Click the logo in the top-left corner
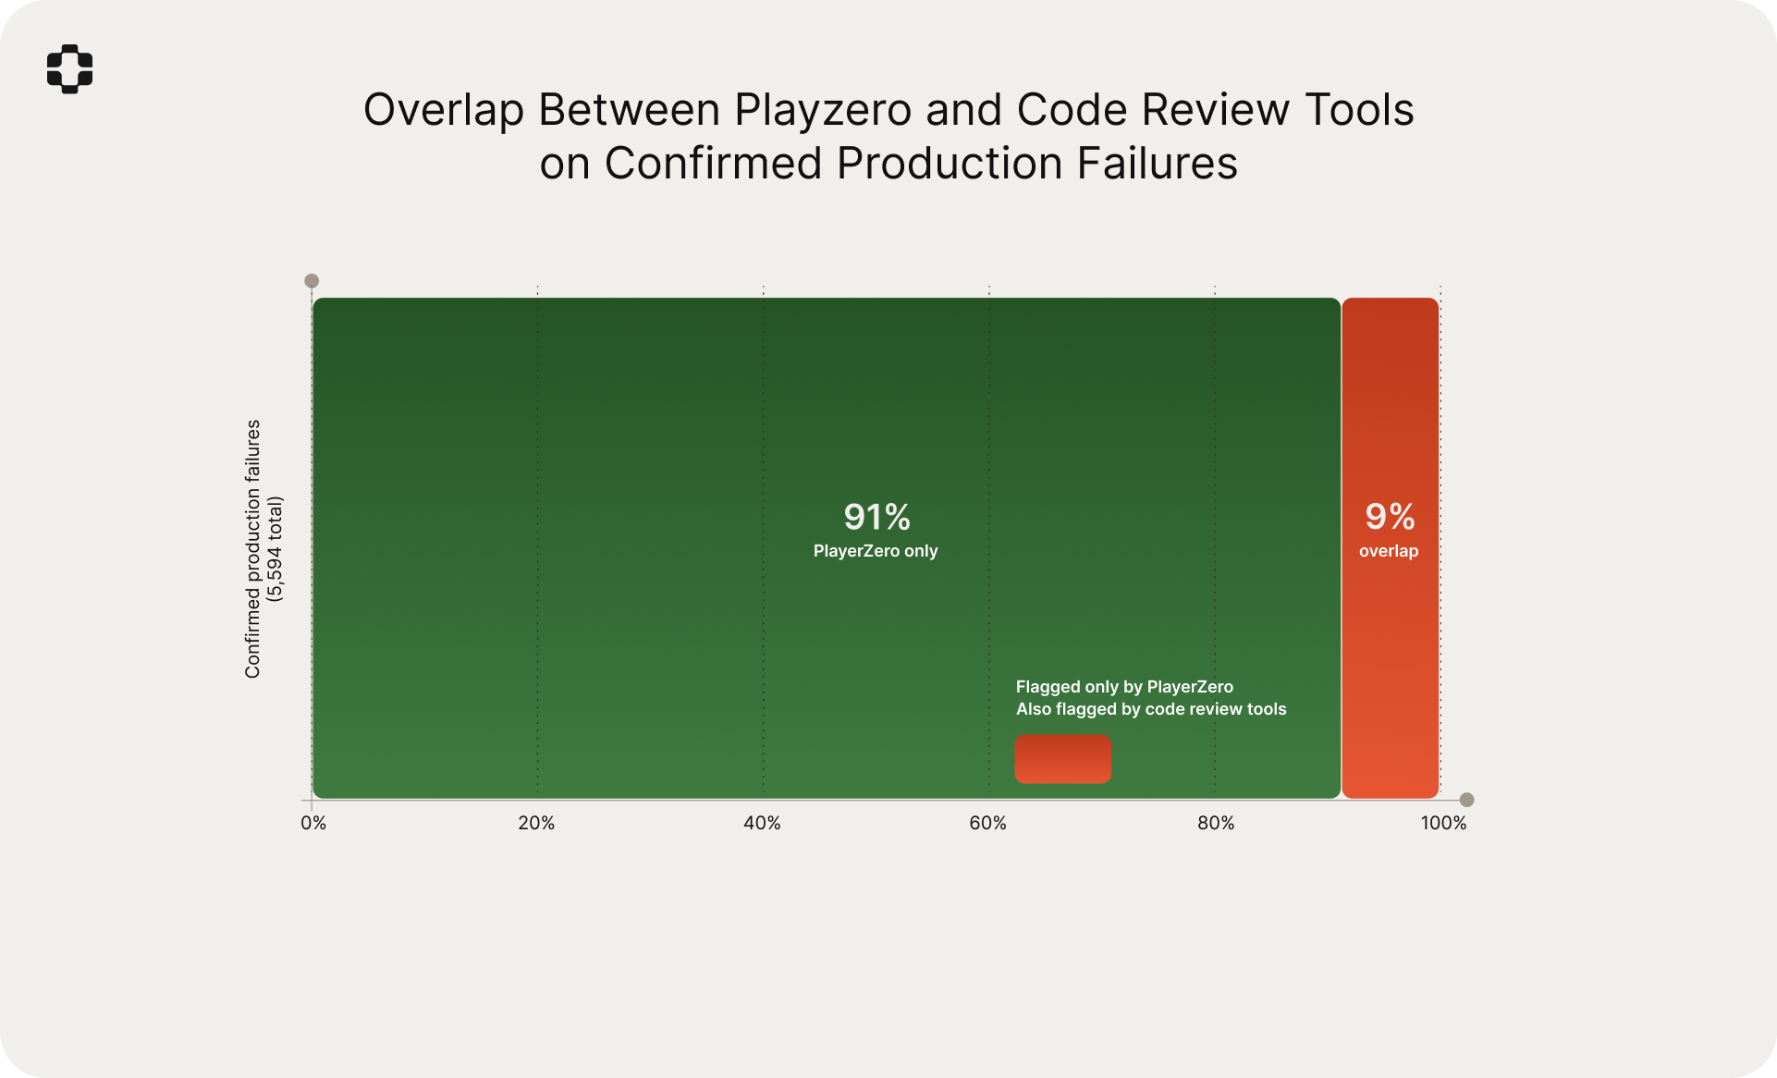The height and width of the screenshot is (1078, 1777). pos(70,68)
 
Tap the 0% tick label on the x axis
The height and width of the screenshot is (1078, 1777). pos(313,823)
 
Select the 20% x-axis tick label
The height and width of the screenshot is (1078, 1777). pos(536,823)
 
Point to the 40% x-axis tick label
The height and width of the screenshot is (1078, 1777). pos(762,823)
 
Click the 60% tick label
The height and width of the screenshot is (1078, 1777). pos(987,823)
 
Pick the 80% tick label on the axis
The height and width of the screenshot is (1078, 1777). pos(1216,823)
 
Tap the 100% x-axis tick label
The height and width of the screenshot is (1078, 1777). pos(1443,823)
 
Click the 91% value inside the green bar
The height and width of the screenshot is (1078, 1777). pos(876,517)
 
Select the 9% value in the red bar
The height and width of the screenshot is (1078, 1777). pos(1390,517)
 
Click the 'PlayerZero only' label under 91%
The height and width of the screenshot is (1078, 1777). pos(876,551)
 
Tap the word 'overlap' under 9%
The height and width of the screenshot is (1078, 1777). pos(1389,551)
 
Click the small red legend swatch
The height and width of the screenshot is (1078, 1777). pos(1062,759)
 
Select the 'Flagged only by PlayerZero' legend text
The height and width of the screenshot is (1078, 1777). pos(1124,687)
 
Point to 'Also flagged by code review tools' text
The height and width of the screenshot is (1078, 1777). pos(1151,709)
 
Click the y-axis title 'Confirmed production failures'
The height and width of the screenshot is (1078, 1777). pos(252,548)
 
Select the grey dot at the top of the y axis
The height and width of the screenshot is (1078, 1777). pos(312,281)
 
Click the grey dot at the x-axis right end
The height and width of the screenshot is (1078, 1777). pos(1466,800)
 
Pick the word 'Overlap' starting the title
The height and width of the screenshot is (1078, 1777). pos(444,110)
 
